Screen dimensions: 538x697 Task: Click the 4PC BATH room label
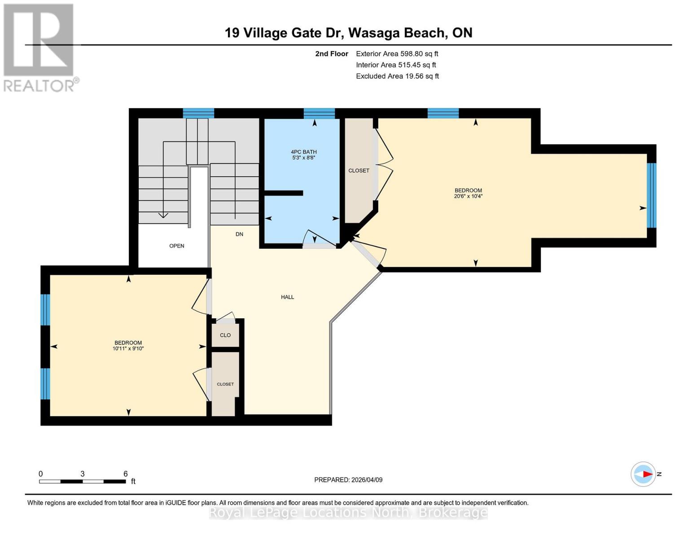point(304,152)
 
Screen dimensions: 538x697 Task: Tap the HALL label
point(287,297)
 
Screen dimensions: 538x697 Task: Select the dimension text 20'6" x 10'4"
point(468,196)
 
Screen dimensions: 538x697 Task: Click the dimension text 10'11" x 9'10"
point(128,349)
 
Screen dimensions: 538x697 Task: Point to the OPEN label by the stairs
point(176,246)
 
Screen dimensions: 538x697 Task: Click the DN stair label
point(239,234)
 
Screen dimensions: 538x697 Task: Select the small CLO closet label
point(225,335)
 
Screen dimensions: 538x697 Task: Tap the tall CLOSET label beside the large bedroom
point(359,171)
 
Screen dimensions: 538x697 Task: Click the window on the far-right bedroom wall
point(651,195)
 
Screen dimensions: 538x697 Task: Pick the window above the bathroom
point(319,113)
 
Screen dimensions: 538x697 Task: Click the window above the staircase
point(198,113)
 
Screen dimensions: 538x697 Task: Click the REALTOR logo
point(39,48)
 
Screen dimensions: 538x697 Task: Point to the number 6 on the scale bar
point(126,474)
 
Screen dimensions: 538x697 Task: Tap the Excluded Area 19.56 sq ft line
point(397,76)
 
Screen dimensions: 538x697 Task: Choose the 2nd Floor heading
point(332,54)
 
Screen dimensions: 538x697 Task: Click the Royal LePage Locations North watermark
point(348,512)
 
